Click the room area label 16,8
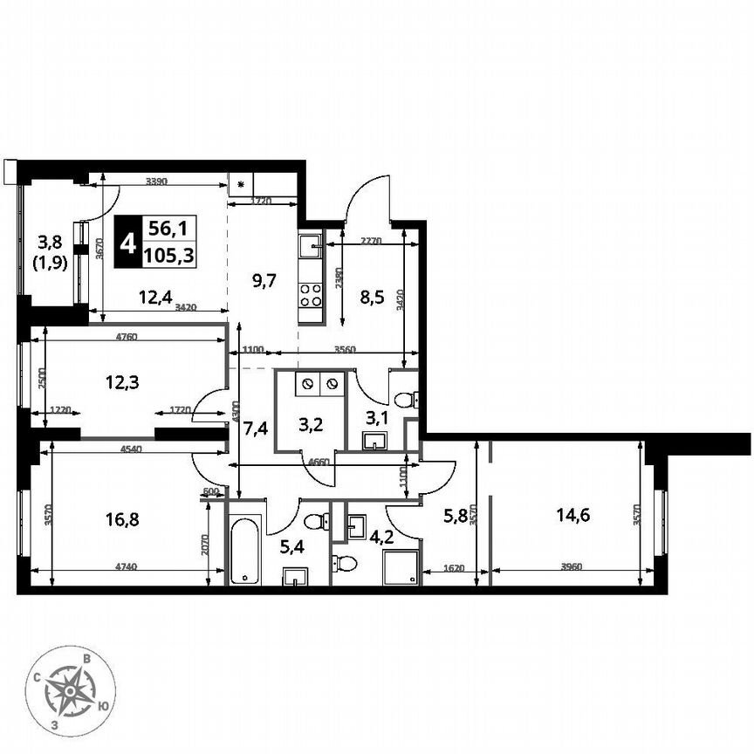pos(121,520)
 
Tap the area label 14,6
pos(572,514)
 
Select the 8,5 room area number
pos(377,295)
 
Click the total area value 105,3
pos(170,255)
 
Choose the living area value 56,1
pos(170,230)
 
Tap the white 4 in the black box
pos(127,242)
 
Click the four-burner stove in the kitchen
pos(312,295)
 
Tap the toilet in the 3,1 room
pos(406,400)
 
